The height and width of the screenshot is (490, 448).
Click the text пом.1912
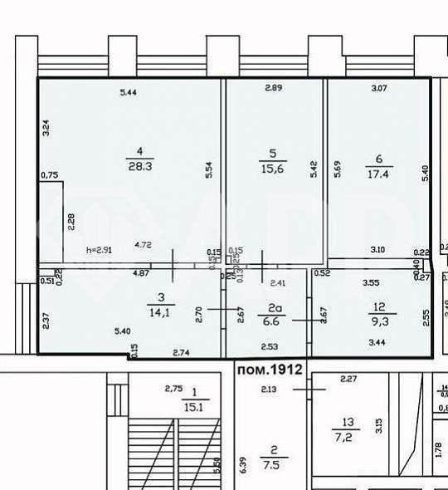[268, 368]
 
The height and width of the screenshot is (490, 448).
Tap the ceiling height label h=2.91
[99, 249]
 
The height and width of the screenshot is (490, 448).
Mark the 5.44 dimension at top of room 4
[128, 93]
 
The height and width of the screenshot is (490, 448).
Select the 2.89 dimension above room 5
[274, 88]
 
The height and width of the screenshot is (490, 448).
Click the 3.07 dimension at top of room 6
[380, 88]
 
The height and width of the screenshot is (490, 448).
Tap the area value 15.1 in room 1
[194, 406]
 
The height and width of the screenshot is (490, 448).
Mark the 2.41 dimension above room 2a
[279, 283]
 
